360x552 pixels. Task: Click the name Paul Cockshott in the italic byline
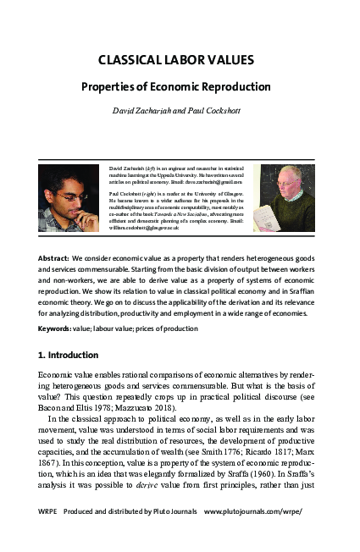click(x=220, y=111)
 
